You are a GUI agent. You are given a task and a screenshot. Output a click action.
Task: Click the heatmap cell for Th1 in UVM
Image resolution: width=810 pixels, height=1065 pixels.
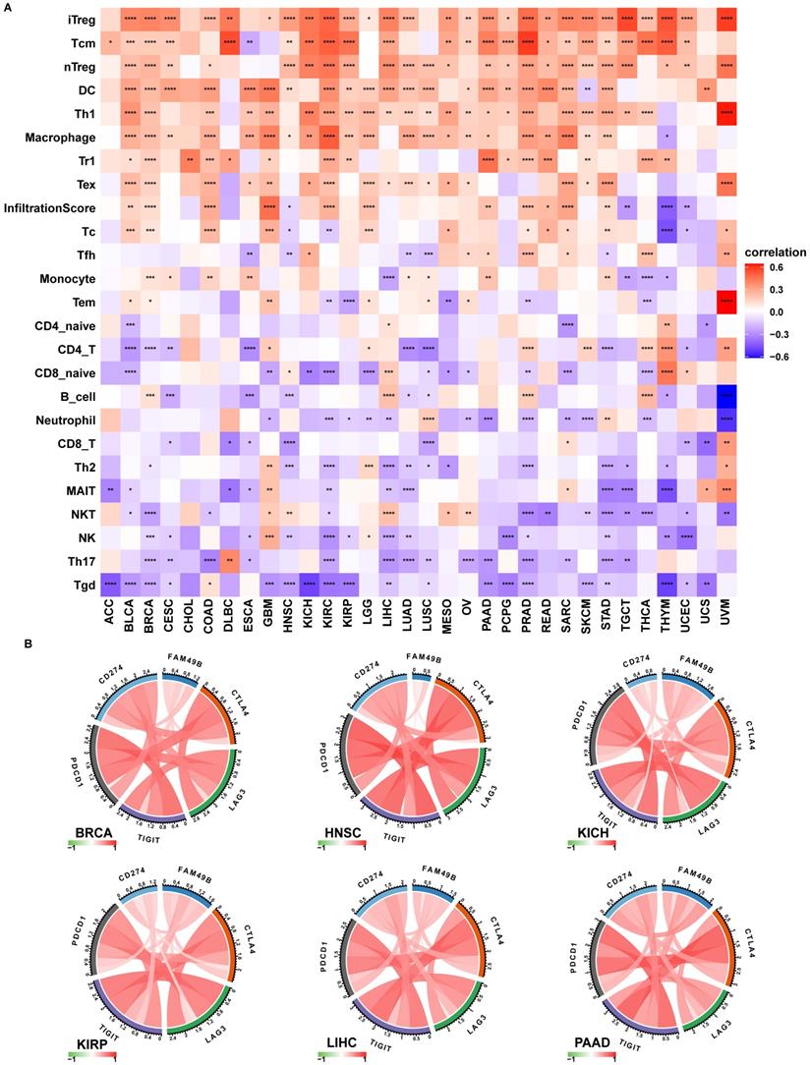(x=725, y=113)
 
